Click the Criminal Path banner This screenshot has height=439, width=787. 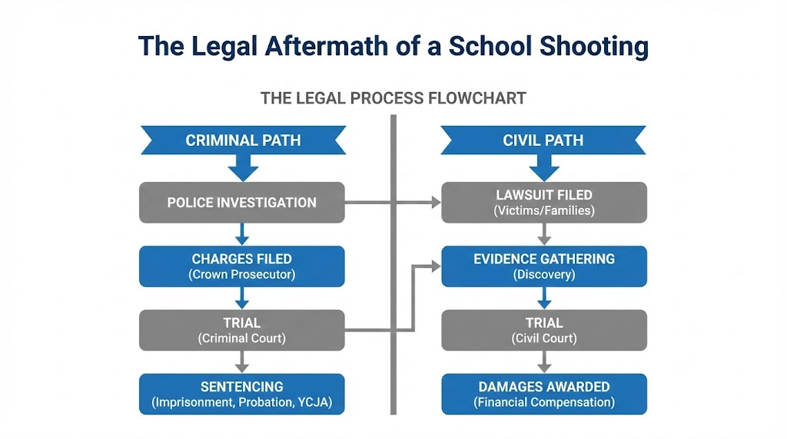point(242,140)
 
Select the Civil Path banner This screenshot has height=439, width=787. point(543,140)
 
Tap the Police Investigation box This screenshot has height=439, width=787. point(242,203)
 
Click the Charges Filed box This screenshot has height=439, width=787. point(242,266)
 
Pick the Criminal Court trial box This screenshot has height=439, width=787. point(242,330)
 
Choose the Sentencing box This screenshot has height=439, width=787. point(242,394)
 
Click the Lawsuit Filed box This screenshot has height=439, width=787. point(544,203)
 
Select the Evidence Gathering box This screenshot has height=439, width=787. point(544,266)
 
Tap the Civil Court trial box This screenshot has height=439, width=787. point(544,330)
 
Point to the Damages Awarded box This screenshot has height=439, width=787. point(544,394)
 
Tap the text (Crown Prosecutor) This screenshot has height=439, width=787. point(242,274)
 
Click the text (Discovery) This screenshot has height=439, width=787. point(544,274)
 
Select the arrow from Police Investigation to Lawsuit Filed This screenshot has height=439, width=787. point(392,203)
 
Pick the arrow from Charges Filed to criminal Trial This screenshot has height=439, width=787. point(242,299)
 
